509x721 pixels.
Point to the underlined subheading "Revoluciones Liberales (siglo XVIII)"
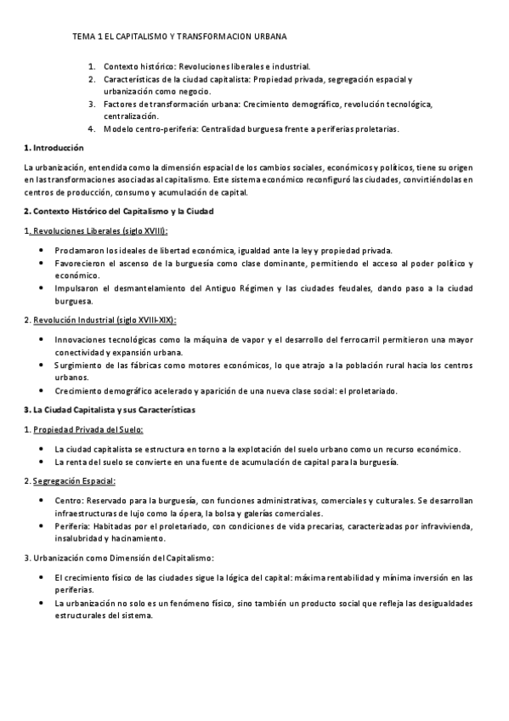point(99,230)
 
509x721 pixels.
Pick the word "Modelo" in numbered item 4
point(119,129)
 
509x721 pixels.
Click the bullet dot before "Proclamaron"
point(42,251)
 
